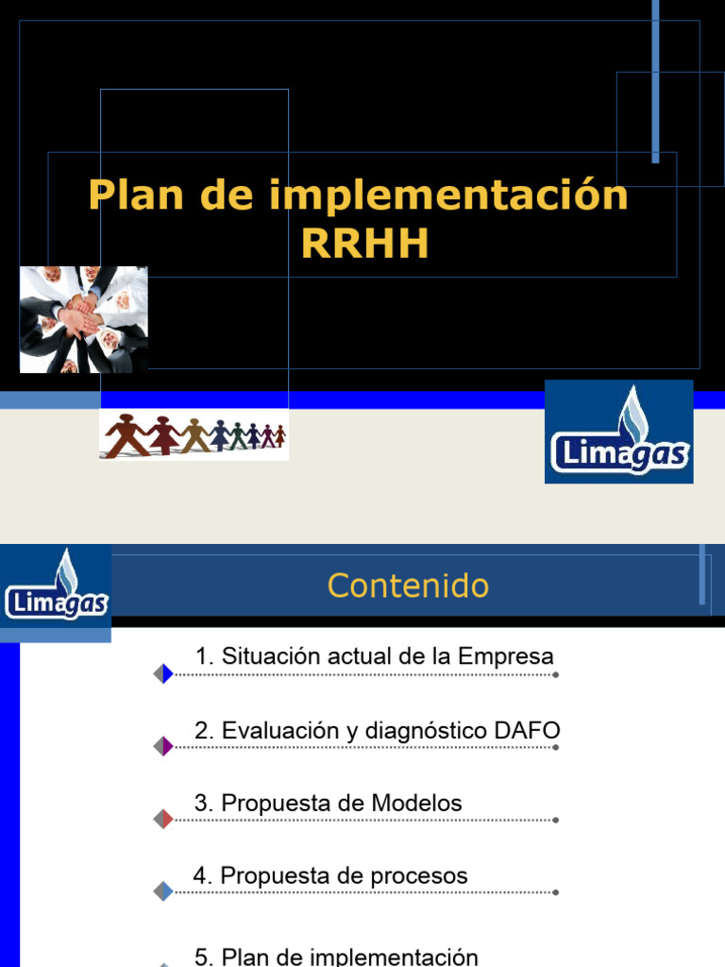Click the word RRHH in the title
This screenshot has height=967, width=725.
point(365,244)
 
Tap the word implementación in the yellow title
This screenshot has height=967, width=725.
point(448,195)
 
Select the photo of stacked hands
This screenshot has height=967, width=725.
point(83,319)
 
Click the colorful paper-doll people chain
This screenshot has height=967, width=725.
point(194,435)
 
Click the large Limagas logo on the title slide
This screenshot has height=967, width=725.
point(619,432)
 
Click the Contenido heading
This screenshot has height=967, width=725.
point(408,585)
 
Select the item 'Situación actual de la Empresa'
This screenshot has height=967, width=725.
point(374,656)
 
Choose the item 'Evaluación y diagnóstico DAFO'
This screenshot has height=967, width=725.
point(377,730)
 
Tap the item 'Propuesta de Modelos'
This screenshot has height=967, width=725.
point(328,804)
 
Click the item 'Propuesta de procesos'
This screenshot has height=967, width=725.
point(329,875)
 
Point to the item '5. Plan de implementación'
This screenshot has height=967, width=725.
point(336,956)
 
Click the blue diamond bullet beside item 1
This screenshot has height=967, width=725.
point(163,673)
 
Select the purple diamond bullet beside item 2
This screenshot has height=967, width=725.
point(163,746)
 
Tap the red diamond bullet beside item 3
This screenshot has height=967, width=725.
point(163,819)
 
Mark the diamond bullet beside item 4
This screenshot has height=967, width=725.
point(163,891)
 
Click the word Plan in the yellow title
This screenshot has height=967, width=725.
point(131,195)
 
